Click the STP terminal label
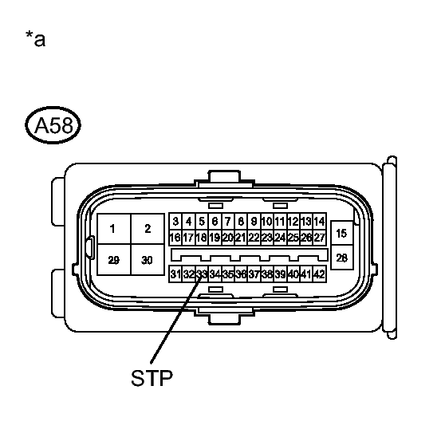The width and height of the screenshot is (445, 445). click(x=152, y=378)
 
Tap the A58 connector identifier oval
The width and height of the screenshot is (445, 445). click(x=53, y=125)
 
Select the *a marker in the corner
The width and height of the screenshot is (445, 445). click(x=35, y=38)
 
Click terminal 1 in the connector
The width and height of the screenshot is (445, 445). click(x=114, y=229)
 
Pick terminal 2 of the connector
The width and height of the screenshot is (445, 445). click(x=148, y=229)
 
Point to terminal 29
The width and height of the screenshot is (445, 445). click(x=114, y=260)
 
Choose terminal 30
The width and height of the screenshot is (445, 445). click(x=148, y=260)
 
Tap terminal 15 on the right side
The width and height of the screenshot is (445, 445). click(x=341, y=234)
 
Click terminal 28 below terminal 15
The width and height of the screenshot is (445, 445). click(x=341, y=258)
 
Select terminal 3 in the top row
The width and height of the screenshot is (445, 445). click(x=175, y=221)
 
